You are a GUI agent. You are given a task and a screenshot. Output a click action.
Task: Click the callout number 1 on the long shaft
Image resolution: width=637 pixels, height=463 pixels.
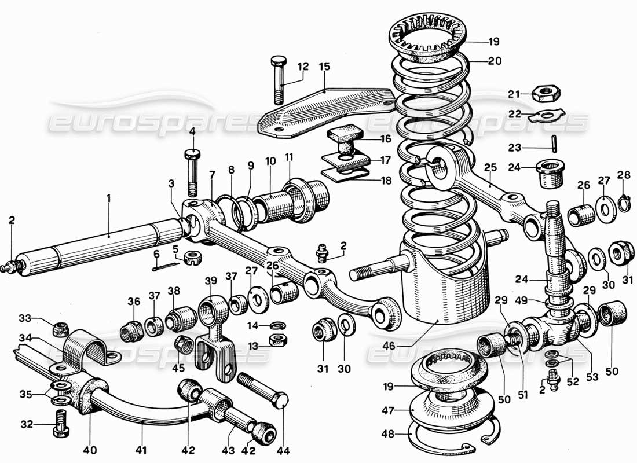(x=108, y=198)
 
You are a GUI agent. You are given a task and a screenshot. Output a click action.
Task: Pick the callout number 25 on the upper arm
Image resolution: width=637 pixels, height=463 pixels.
(x=490, y=168)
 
